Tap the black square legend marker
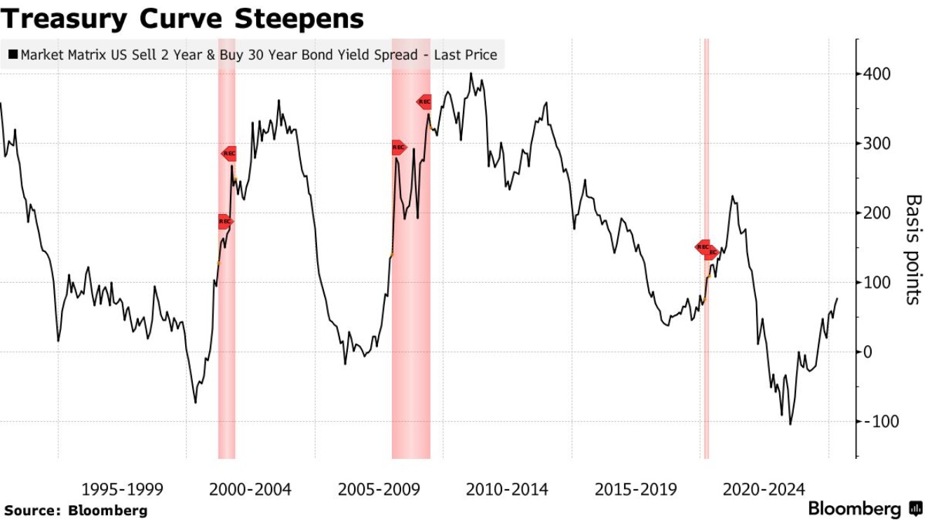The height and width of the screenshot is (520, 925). [x=13, y=54]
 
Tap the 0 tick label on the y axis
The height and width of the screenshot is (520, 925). [x=867, y=352]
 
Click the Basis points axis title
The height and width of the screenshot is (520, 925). [x=912, y=249]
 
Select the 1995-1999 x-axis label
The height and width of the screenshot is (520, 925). [x=123, y=489]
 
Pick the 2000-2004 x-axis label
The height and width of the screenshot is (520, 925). [x=250, y=489]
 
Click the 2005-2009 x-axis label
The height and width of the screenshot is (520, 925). [x=379, y=489]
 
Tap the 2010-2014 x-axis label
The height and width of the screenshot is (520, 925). [x=507, y=489]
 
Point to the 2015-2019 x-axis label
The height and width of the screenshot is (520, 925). [x=635, y=489]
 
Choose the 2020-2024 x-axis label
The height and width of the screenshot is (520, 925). [x=764, y=489]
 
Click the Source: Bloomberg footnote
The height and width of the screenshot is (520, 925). [x=76, y=510]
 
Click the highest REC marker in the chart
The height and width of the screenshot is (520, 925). [x=424, y=102]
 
